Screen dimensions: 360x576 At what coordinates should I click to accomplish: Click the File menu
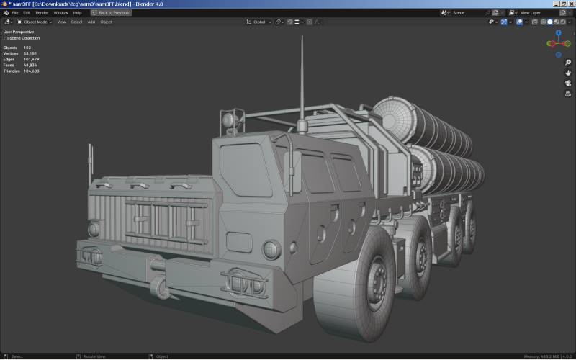pyautogui.click(x=15, y=12)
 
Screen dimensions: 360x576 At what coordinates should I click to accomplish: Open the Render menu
pyautogui.click(x=42, y=12)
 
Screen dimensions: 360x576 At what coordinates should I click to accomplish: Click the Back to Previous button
pyautogui.click(x=111, y=12)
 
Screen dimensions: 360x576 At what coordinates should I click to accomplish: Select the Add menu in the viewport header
pyautogui.click(x=91, y=22)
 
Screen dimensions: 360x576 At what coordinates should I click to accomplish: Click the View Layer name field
pyautogui.click(x=533, y=12)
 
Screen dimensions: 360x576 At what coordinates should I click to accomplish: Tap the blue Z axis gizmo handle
pyautogui.click(x=558, y=33)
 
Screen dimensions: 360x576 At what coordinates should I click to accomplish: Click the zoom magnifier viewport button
pyautogui.click(x=568, y=63)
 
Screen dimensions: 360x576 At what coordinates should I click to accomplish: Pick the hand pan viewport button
pyautogui.click(x=568, y=73)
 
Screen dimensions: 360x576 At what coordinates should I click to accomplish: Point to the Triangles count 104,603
pyautogui.click(x=31, y=71)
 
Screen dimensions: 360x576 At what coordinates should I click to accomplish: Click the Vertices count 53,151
pyautogui.click(x=31, y=53)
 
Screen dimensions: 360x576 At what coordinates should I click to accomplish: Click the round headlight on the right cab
pyautogui.click(x=271, y=250)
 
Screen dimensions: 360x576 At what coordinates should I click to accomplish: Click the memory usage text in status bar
pyautogui.click(x=541, y=356)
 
